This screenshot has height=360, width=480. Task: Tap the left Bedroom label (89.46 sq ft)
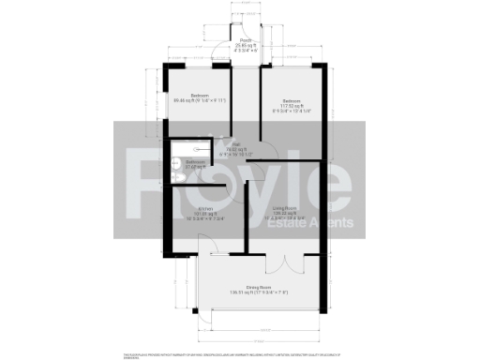click(x=199, y=98)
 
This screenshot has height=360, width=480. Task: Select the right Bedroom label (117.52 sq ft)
click(x=291, y=103)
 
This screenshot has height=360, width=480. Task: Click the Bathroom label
click(x=196, y=164)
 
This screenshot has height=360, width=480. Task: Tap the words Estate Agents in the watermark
click(x=300, y=223)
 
